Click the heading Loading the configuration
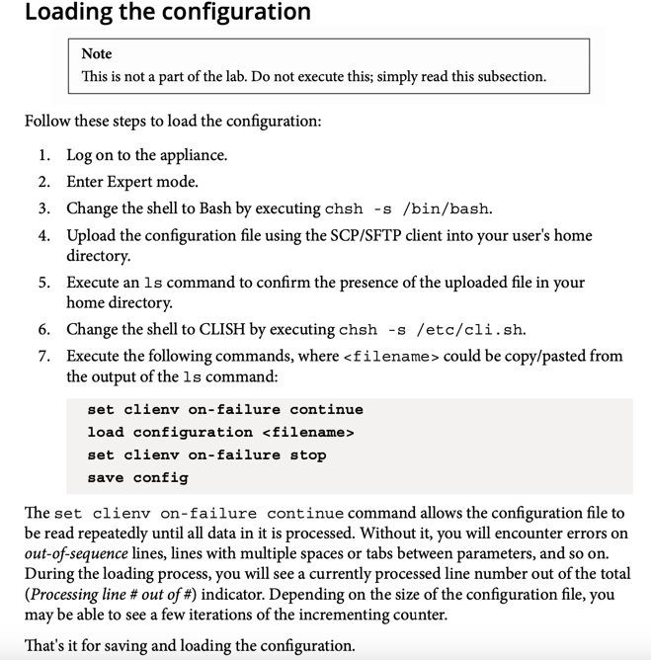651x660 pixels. tap(167, 13)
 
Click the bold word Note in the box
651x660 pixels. tap(96, 53)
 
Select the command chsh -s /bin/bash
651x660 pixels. tap(408, 208)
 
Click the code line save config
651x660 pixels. tap(137, 478)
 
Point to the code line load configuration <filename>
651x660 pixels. tap(220, 433)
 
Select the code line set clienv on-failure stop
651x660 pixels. tap(206, 455)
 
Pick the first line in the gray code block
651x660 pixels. tap(225, 410)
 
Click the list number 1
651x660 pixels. tap(43, 155)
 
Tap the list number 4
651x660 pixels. tap(43, 236)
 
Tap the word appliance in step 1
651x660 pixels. tap(193, 155)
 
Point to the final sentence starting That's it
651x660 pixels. tap(190, 647)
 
